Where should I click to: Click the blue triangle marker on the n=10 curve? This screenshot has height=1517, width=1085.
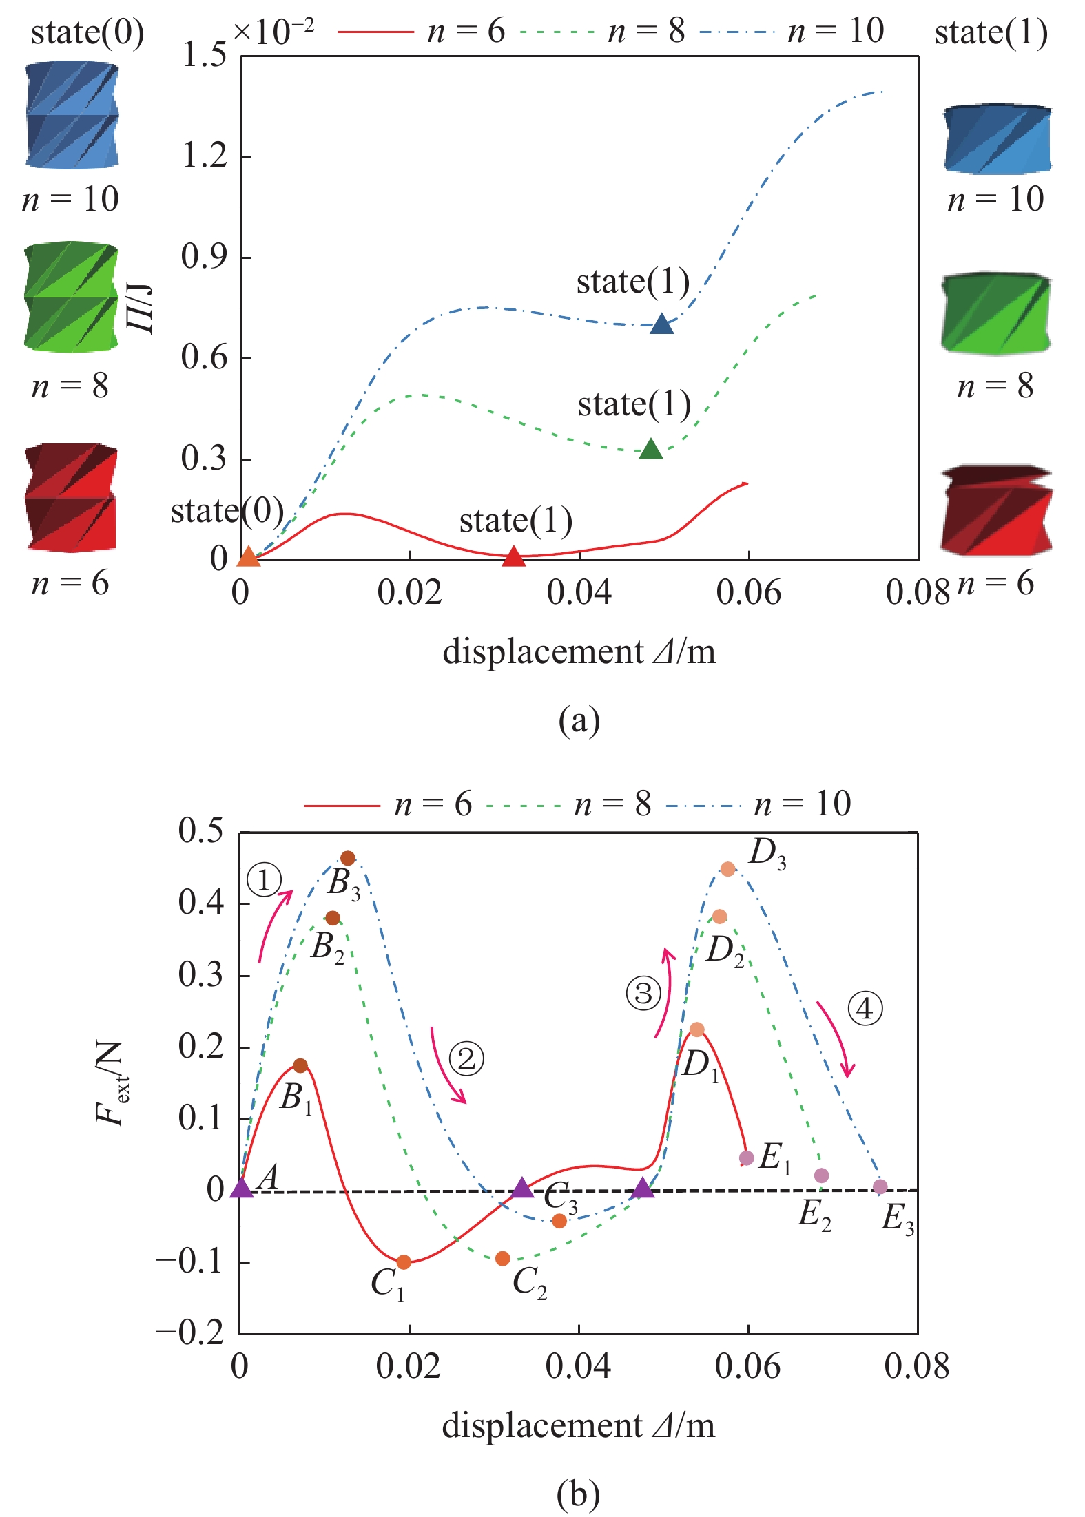661,324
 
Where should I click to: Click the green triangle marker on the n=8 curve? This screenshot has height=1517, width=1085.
651,450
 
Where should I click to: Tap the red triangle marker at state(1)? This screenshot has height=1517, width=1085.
513,556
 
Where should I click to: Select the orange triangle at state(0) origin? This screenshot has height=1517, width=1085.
249,556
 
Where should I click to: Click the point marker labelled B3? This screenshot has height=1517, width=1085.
348,858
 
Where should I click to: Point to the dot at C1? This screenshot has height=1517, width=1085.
404,1262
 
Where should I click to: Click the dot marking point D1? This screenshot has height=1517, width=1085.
697,1029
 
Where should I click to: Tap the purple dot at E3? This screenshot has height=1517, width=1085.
880,1186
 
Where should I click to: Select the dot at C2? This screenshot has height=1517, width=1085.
503,1258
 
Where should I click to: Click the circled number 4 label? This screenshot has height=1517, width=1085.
865,1009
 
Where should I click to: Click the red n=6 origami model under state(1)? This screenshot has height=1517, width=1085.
996,511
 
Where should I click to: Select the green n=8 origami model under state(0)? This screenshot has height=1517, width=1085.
71,297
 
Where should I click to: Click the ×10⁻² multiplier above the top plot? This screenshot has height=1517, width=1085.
273,31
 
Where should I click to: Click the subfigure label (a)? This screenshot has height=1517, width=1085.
579,721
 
